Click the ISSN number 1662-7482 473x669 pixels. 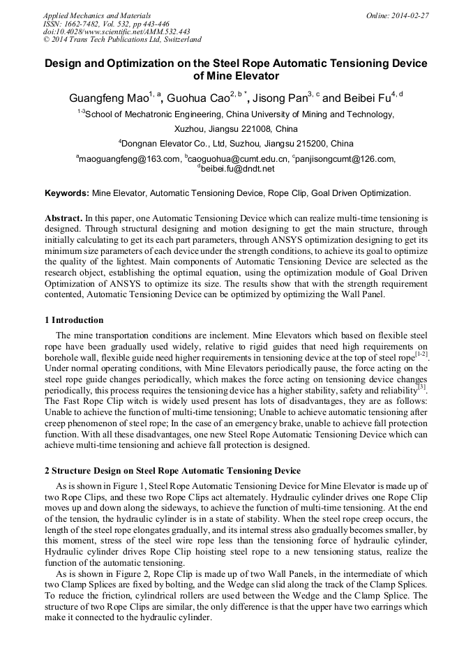point(88,24)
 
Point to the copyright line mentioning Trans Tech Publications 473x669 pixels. point(122,40)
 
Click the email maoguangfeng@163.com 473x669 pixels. point(130,159)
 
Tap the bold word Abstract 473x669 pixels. point(63,218)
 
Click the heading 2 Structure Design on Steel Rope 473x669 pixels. point(172,471)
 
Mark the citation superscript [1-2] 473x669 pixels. point(421,354)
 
